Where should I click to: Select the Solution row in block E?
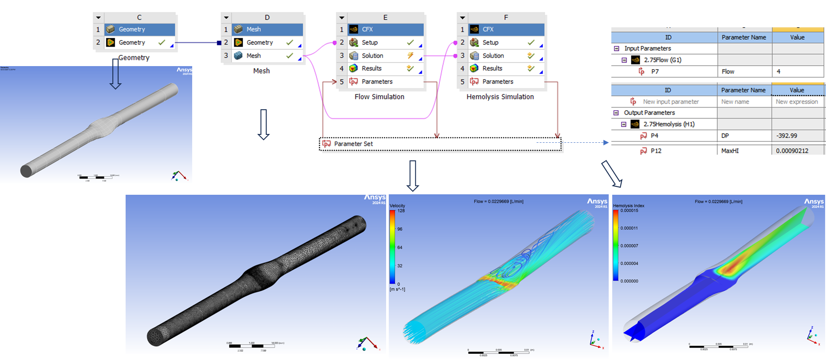click(372, 56)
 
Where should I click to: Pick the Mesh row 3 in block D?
click(253, 56)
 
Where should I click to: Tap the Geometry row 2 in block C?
click(132, 42)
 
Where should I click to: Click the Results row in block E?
click(372, 68)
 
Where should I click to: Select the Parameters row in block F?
click(498, 82)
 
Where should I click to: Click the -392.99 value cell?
click(787, 136)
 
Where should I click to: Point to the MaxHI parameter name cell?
click(730, 151)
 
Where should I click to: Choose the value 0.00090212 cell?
click(792, 151)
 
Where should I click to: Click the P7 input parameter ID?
click(655, 71)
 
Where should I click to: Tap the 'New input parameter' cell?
click(670, 102)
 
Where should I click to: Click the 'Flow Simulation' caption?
click(379, 96)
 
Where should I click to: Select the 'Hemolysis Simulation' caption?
click(500, 96)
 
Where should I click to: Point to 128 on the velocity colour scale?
click(401, 211)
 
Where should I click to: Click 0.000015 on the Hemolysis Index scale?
click(629, 211)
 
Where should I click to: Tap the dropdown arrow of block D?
click(226, 18)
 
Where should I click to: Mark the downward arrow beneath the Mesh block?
click(264, 124)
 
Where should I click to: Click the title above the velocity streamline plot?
click(499, 201)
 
